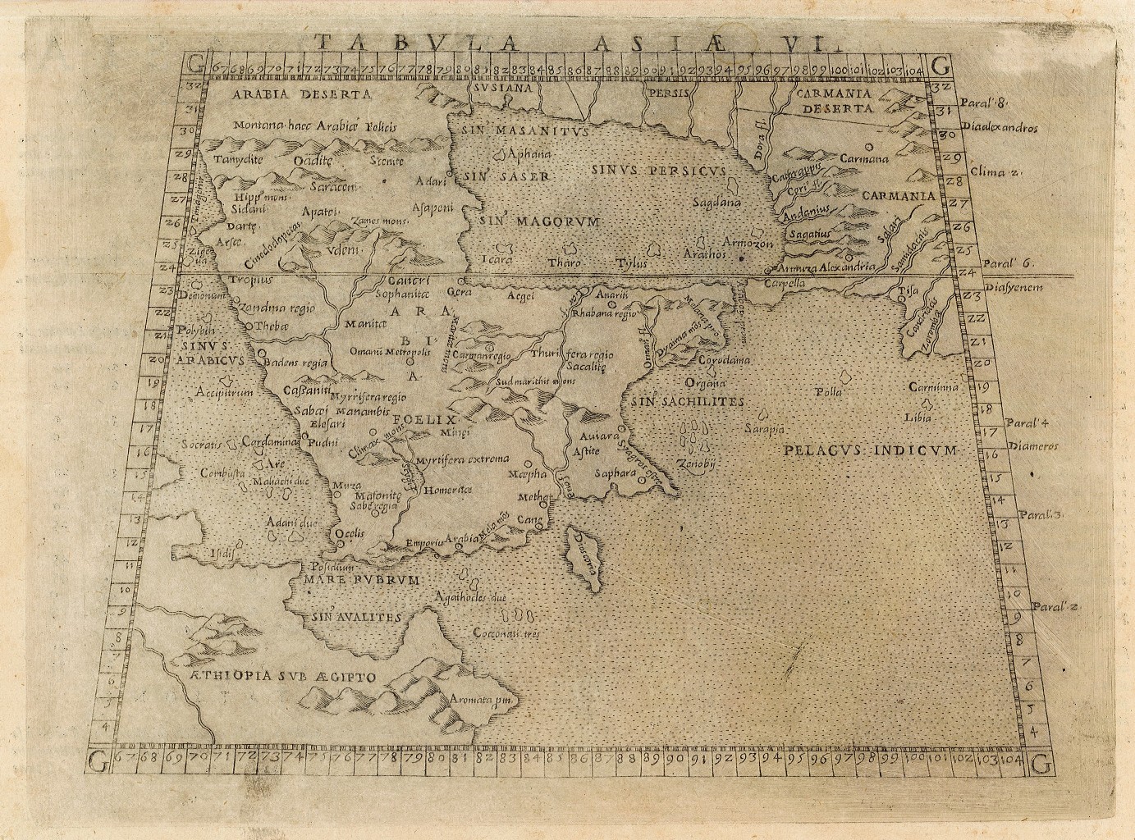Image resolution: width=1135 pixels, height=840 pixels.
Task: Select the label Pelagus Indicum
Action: click(870, 450)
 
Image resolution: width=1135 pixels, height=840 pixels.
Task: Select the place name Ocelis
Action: click(351, 532)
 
